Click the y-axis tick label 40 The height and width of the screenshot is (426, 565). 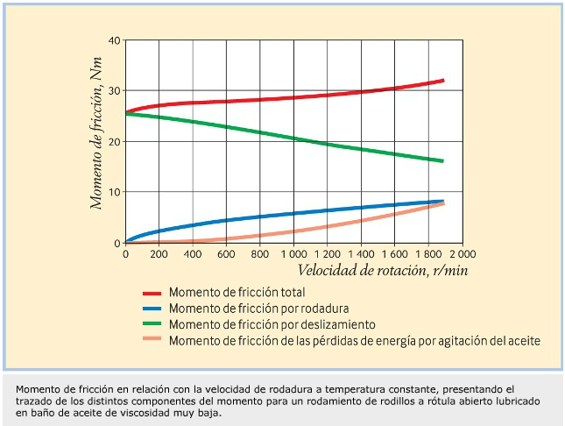(x=114, y=40)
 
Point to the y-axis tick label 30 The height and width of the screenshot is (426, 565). (x=114, y=91)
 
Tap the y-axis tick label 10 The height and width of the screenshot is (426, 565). (x=114, y=192)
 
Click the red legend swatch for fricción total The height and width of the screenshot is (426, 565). (x=152, y=293)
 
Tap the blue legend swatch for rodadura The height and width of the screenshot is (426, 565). (x=152, y=309)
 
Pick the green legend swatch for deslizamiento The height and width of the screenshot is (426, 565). (x=152, y=324)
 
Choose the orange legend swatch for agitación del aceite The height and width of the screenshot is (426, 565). (x=152, y=340)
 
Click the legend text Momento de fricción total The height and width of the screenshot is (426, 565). (x=237, y=292)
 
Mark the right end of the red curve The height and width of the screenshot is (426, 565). (x=442, y=81)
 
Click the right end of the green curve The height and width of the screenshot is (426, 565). (x=442, y=160)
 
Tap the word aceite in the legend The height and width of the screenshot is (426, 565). (x=523, y=339)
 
